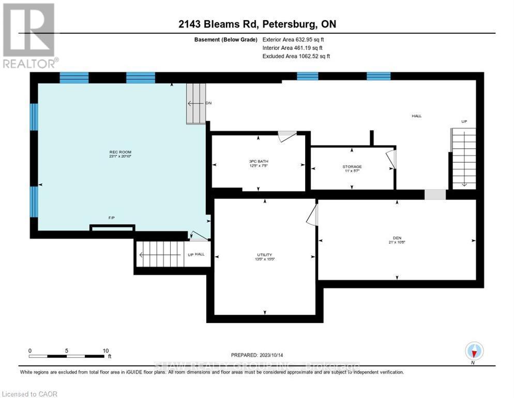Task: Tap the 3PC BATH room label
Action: click(259, 164)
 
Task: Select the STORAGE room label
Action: click(352, 169)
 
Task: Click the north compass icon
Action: click(474, 351)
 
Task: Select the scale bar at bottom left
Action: click(67, 356)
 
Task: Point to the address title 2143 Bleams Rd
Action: click(256, 24)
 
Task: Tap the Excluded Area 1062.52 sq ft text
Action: click(296, 56)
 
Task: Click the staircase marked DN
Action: click(196, 104)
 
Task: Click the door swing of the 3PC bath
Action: click(286, 137)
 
